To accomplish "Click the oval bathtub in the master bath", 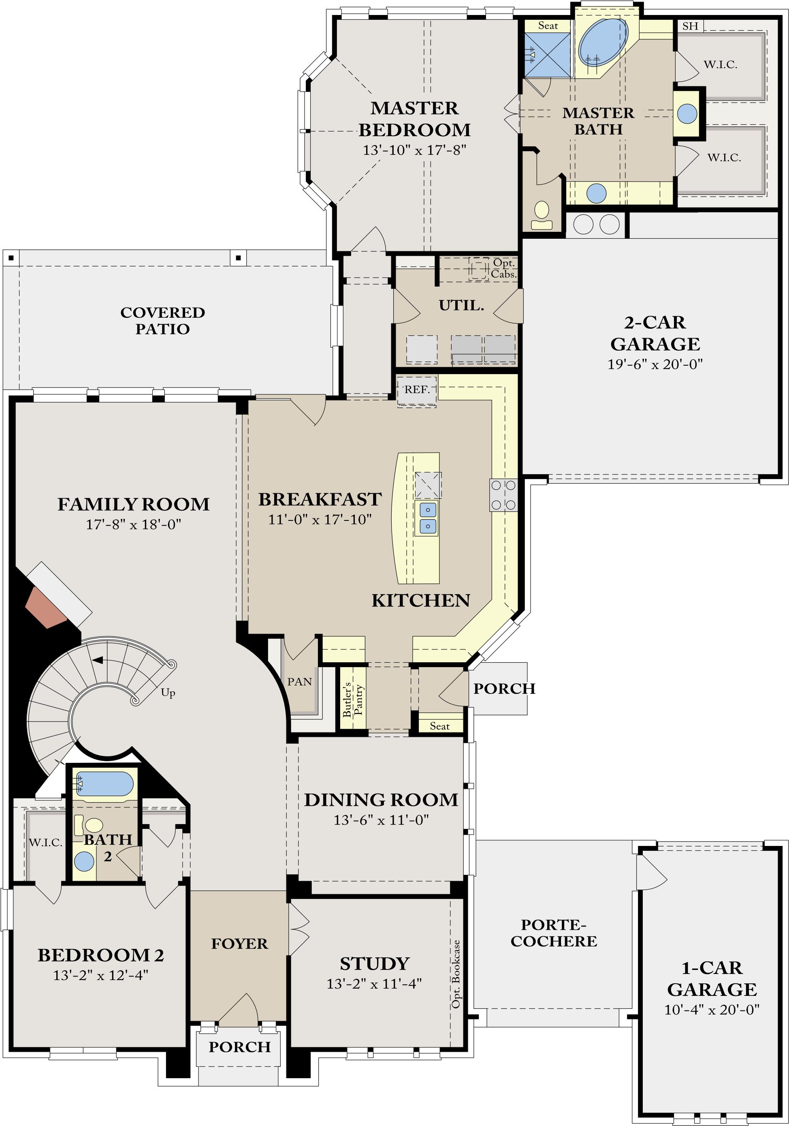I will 602,43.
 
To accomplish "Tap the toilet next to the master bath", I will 542,215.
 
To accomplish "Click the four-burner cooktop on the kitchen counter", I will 503,495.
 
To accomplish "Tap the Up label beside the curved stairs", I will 168,692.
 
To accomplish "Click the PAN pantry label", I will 299,682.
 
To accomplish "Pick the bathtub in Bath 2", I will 104,783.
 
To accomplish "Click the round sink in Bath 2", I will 84,862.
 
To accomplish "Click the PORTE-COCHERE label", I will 554,933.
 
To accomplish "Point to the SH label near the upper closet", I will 690,26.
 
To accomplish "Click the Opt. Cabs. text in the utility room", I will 504,268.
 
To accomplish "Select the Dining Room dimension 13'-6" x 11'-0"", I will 381,820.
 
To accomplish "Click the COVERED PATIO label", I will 163,320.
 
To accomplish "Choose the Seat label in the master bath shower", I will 548,26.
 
